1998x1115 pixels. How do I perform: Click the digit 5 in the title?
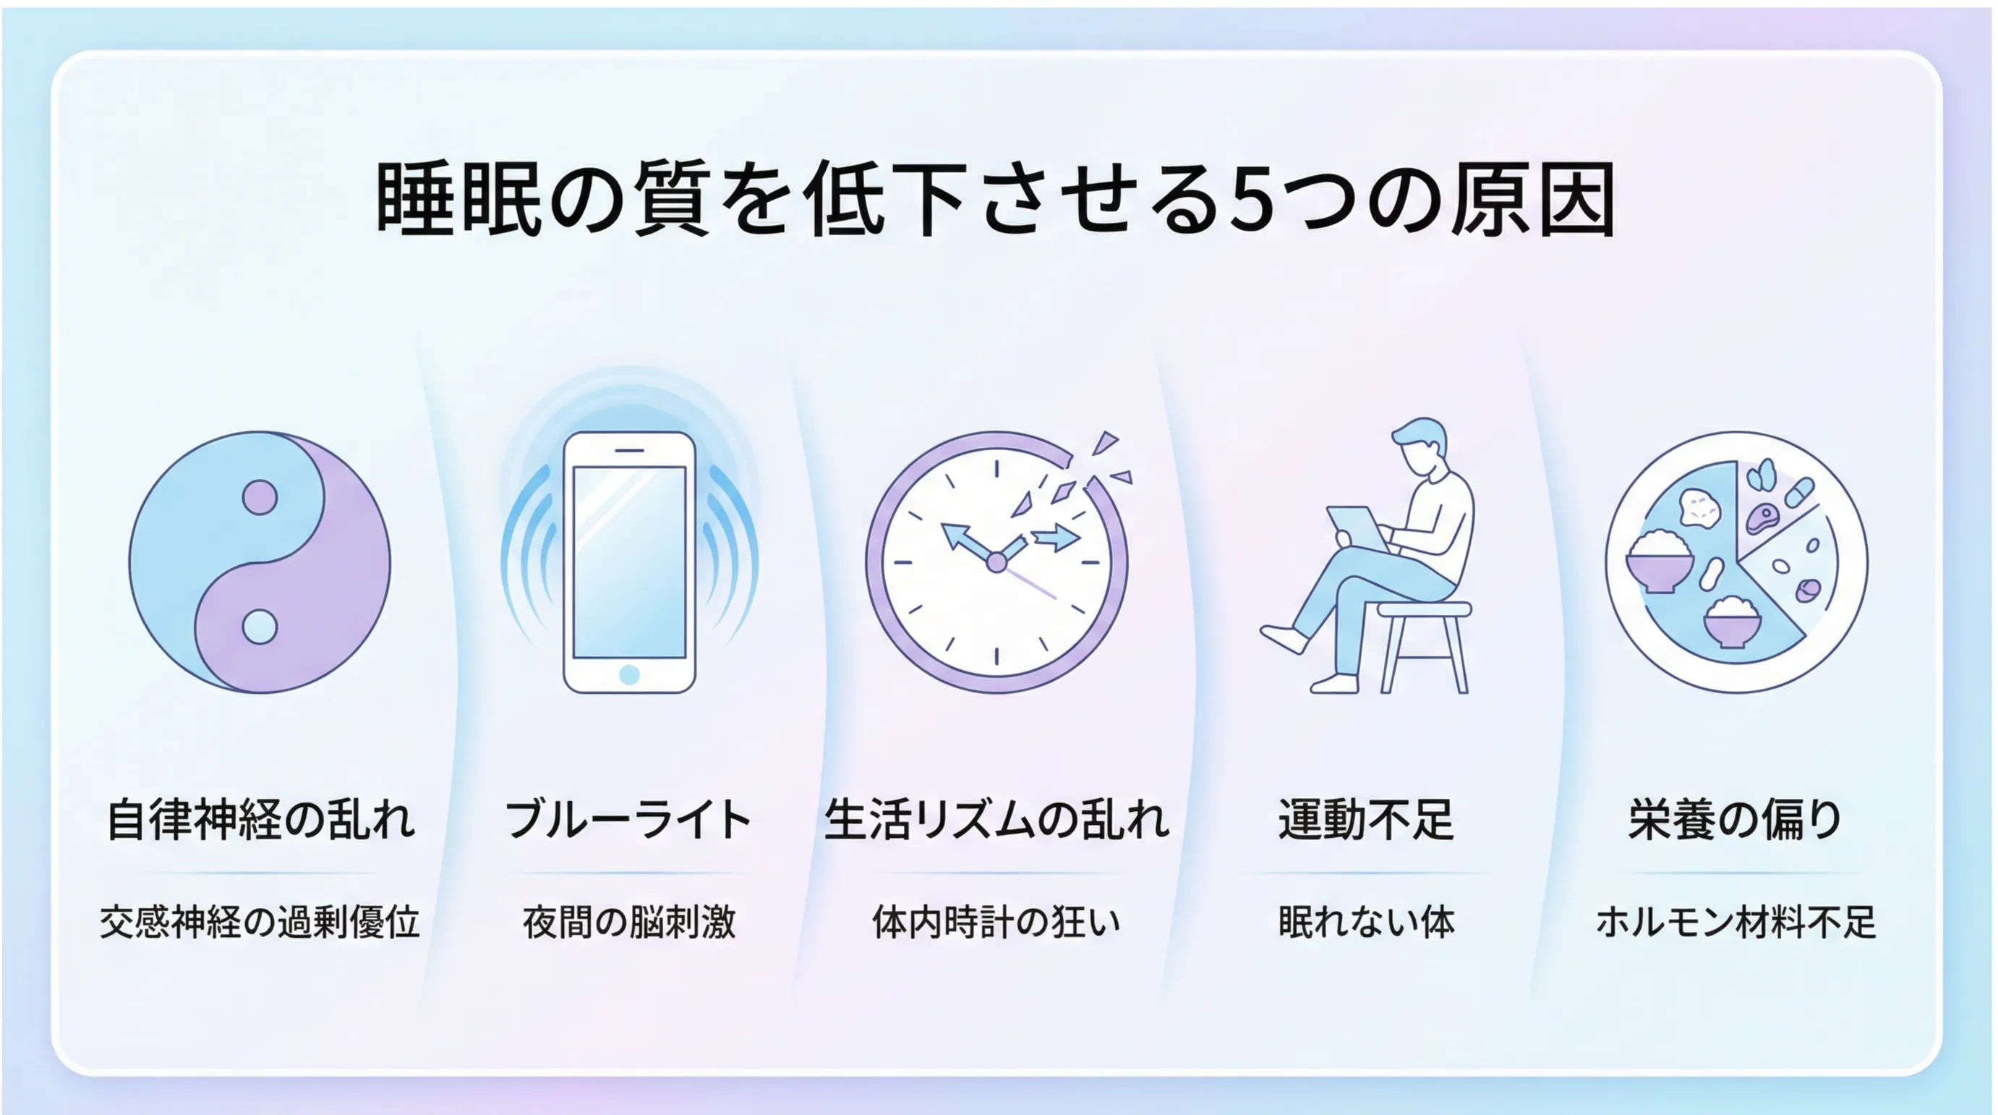[x=1254, y=199]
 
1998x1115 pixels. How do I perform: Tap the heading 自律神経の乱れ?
[x=260, y=820]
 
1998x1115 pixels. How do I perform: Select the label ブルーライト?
[x=628, y=820]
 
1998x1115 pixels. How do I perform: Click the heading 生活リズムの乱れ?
[x=996, y=820]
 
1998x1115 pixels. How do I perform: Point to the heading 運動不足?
[x=1366, y=820]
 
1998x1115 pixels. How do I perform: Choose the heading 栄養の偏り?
[x=1735, y=820]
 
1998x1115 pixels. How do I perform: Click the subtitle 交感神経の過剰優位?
[x=260, y=923]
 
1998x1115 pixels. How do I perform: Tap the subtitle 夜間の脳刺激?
[x=628, y=923]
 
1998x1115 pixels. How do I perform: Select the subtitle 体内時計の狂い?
[x=996, y=923]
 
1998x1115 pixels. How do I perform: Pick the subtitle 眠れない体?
[x=1366, y=923]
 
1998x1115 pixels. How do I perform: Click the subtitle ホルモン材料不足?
[x=1735, y=923]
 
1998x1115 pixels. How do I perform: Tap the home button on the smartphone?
[x=629, y=674]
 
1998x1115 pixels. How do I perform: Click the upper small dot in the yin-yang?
[x=260, y=497]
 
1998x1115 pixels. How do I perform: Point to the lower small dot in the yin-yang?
[x=260, y=627]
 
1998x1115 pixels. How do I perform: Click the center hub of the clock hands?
[x=996, y=562]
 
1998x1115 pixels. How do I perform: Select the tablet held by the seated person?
[x=1356, y=527]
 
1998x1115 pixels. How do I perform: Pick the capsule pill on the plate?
[x=1798, y=492]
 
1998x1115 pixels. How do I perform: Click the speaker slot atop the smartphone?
[x=629, y=451]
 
